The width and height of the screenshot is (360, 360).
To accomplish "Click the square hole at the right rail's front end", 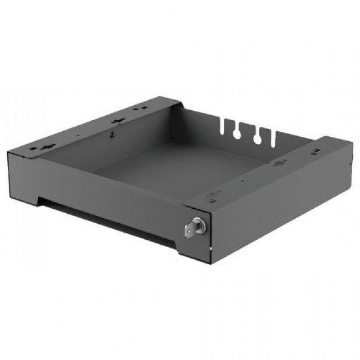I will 213,193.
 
